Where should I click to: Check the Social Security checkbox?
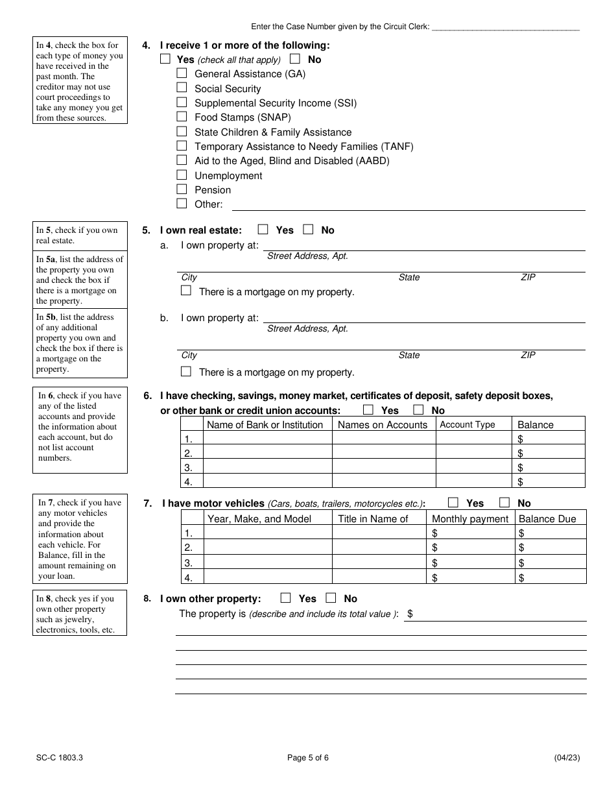coord(182,88)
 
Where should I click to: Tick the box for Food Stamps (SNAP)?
coord(182,117)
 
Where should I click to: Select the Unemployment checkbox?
coord(182,175)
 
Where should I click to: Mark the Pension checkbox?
coord(182,189)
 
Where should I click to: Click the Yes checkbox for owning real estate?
coord(263,229)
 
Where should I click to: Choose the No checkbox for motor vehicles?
coord(504,502)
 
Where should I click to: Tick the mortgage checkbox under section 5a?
coord(186,291)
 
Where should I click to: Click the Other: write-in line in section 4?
coord(409,205)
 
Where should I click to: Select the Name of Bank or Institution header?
coord(265,425)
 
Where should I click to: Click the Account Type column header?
coord(467,425)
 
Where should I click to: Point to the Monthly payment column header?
coord(470,519)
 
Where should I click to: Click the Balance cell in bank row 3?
coord(550,467)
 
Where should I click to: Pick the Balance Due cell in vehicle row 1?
coord(551,533)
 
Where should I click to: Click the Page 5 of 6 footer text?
coord(308,757)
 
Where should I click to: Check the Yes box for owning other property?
coord(285,598)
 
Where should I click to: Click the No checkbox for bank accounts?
coord(418,410)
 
